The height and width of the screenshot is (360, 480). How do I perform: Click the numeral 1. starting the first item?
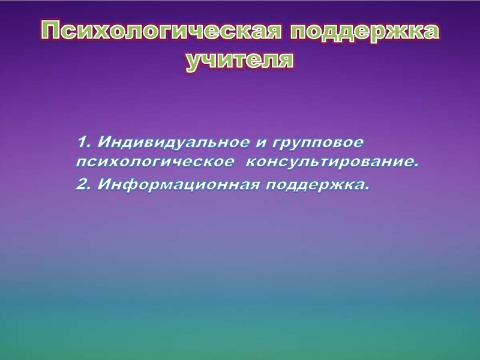point(84,143)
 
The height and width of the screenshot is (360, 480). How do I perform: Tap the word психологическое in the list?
point(155,163)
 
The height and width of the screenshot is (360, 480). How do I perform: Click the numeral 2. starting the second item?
point(84,185)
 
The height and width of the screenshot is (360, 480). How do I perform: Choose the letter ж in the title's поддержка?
point(397,32)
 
